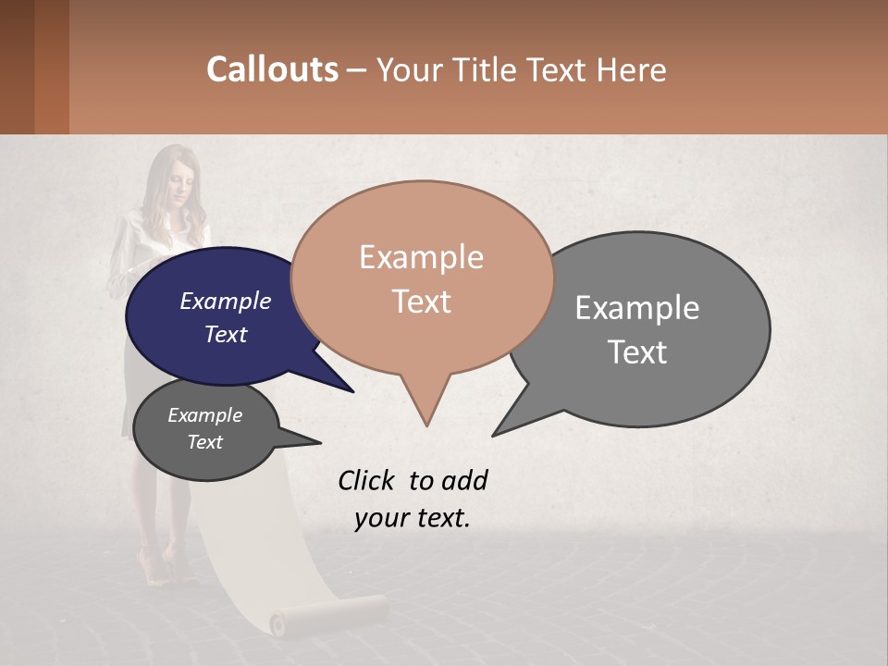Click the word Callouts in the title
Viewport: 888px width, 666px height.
pyautogui.click(x=272, y=69)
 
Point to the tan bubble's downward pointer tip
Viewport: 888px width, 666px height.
pyautogui.click(x=426, y=425)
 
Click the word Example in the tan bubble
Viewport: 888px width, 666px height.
pyautogui.click(x=421, y=257)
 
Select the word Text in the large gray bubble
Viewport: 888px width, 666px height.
pyautogui.click(x=637, y=352)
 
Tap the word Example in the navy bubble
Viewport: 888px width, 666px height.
pyautogui.click(x=225, y=301)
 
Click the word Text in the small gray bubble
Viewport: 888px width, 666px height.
pyautogui.click(x=204, y=442)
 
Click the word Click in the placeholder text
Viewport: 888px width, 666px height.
pyautogui.click(x=366, y=480)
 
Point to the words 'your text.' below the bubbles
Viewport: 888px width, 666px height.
pyautogui.click(x=412, y=518)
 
